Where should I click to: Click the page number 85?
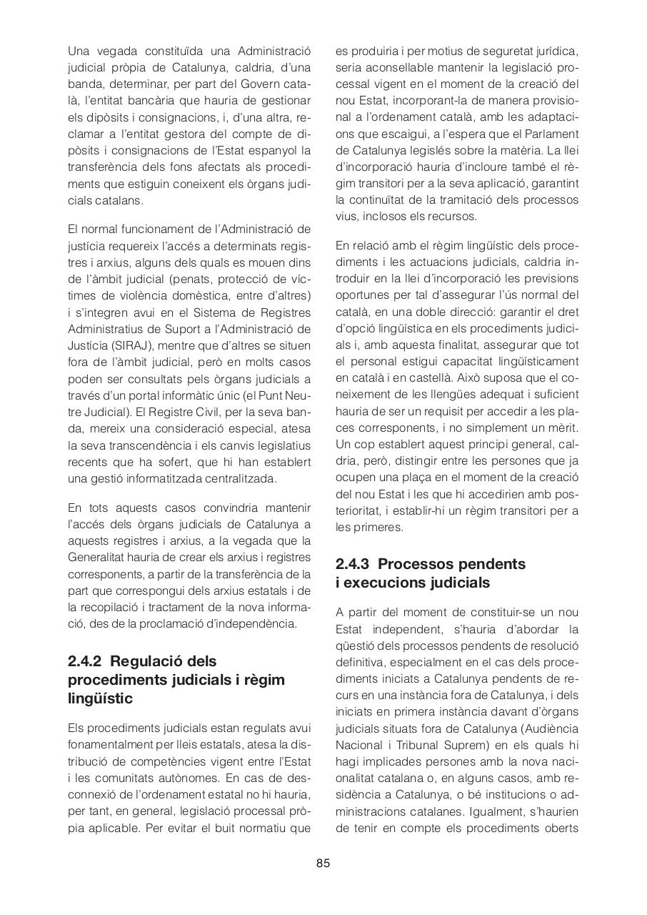(323, 863)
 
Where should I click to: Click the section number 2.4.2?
(85, 661)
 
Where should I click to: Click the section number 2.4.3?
(353, 564)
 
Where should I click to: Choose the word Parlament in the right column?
(550, 134)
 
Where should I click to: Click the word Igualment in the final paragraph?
(503, 811)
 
